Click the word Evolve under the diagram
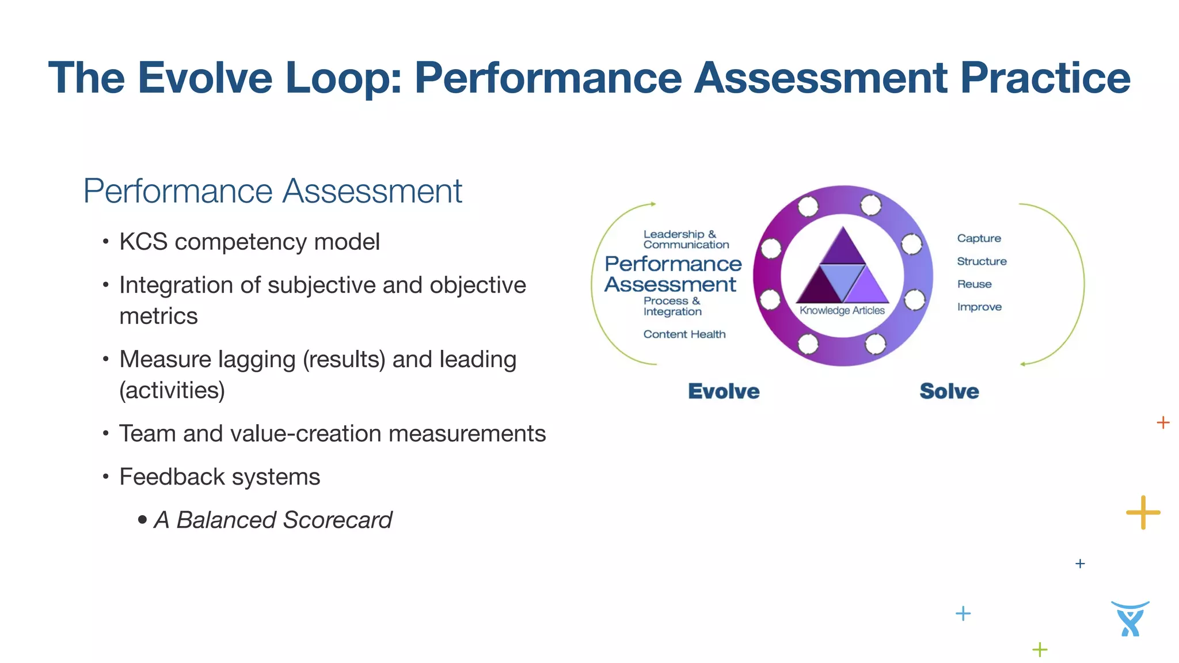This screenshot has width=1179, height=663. pos(724,391)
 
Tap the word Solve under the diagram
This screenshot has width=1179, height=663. pos(949,391)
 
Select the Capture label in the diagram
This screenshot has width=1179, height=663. pos(979,238)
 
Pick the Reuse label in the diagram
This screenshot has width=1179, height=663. pos(974,284)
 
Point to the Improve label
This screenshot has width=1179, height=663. pos(979,307)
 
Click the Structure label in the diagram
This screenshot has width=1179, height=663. pos(982,261)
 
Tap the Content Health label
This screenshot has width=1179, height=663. pos(684,334)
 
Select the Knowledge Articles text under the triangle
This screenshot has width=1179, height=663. pos(842,311)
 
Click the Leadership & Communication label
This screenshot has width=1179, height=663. pos(685,239)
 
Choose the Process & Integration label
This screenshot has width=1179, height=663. pos(672,306)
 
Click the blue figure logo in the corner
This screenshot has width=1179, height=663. pos(1129,619)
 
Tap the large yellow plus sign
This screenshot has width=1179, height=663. pos(1143,512)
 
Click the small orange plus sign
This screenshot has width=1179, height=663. pos(1163,422)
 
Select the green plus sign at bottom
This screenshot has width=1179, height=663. pos(1040,650)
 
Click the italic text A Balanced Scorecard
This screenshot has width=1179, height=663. pos(272,520)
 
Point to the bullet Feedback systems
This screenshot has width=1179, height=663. pos(219,477)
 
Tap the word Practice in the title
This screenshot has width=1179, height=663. pos(1045,78)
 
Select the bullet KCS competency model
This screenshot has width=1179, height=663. pos(249,242)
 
